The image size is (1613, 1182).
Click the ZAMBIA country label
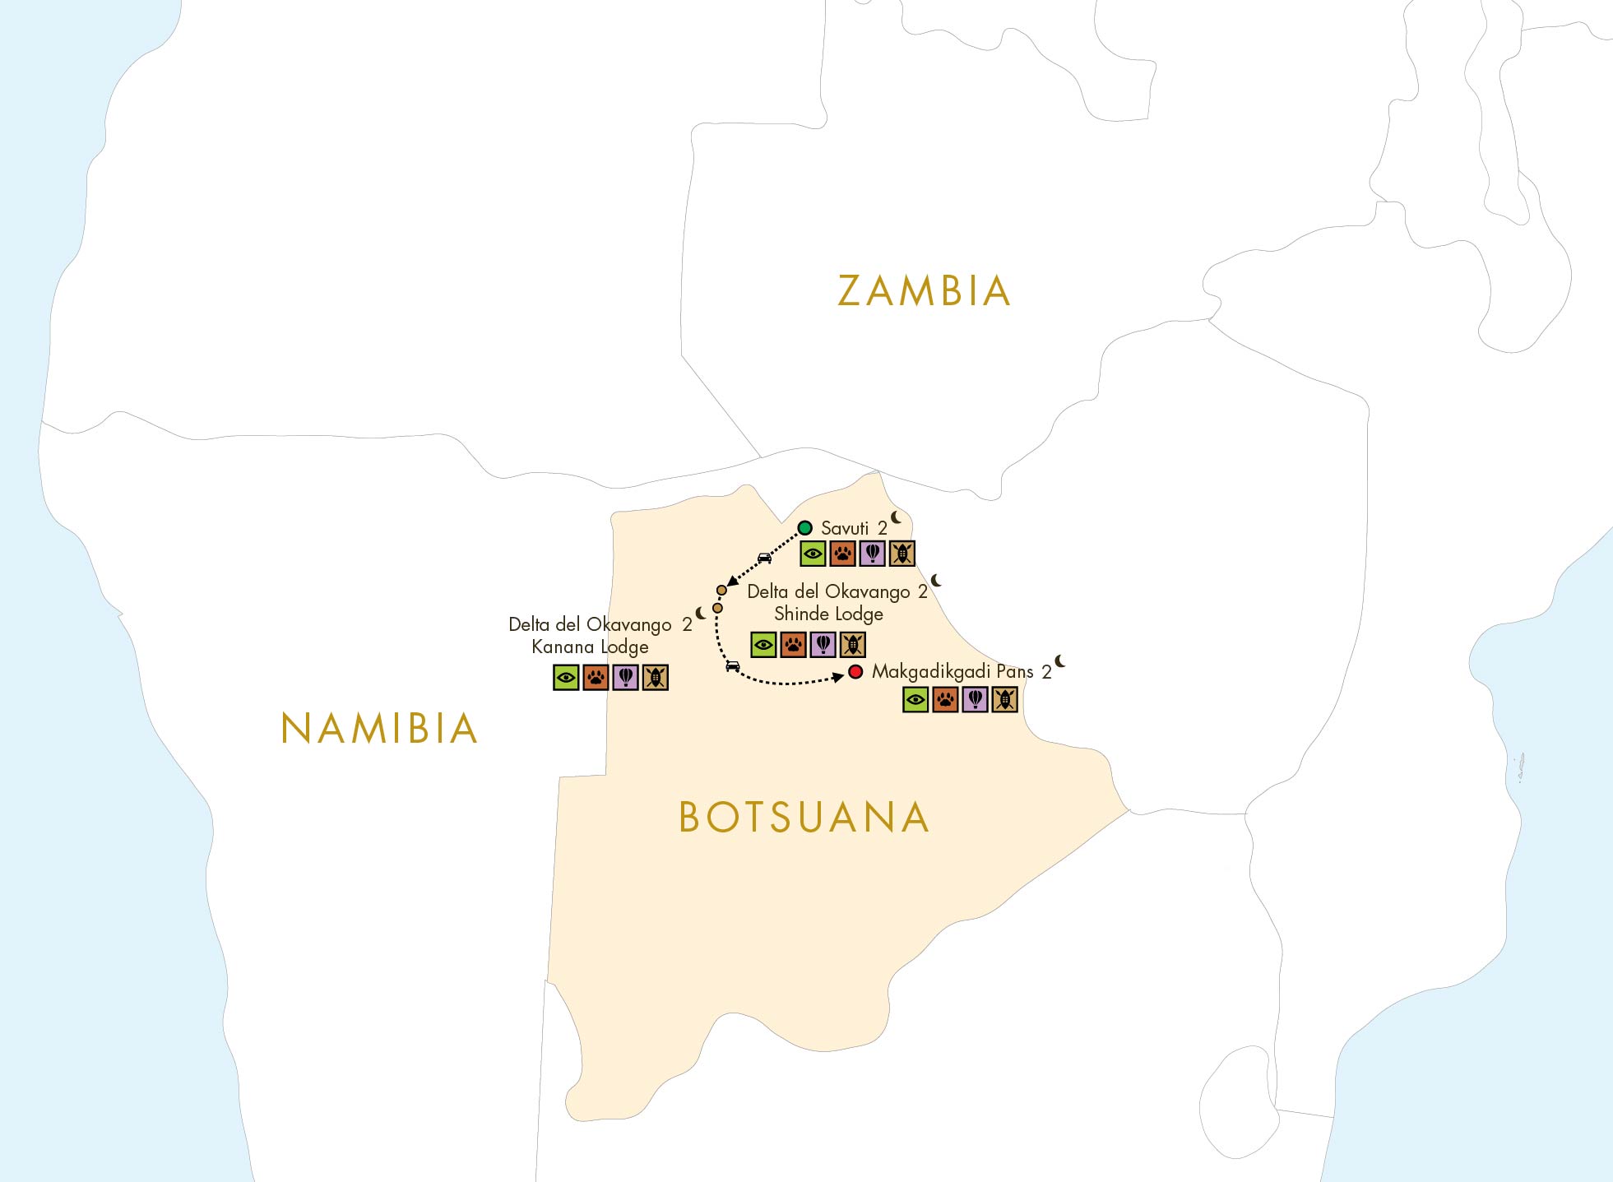(924, 291)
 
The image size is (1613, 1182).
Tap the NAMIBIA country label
(379, 729)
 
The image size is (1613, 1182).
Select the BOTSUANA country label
(804, 818)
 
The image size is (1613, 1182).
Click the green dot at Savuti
(805, 528)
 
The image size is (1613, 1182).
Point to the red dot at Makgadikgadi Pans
(855, 672)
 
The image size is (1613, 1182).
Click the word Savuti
(845, 529)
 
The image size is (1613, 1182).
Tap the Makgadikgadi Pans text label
(953, 672)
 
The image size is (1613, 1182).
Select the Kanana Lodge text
(590, 647)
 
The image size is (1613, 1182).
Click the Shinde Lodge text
(828, 614)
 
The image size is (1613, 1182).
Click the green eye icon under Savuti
(813, 554)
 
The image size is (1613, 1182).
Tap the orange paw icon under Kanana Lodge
(596, 678)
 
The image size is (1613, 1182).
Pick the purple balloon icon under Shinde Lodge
(823, 645)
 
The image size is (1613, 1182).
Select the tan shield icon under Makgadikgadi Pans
(1004, 700)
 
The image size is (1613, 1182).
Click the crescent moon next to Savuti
(896, 518)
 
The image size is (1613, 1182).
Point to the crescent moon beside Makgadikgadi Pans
(1060, 661)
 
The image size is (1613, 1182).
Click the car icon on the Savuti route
(764, 559)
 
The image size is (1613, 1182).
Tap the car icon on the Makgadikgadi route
(733, 666)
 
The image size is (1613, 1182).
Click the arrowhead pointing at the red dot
(839, 676)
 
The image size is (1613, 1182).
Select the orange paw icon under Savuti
(842, 554)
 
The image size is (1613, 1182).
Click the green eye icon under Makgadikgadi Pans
(915, 700)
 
